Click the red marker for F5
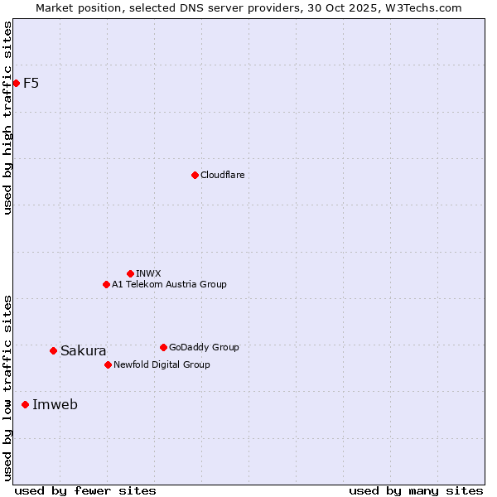(x=16, y=83)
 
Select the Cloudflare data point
(x=195, y=175)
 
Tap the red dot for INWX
(x=130, y=273)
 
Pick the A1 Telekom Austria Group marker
(x=106, y=284)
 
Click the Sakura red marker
(x=53, y=350)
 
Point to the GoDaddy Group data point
(x=163, y=347)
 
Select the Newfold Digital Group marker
(x=108, y=364)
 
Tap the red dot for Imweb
(x=25, y=404)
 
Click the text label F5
(x=31, y=83)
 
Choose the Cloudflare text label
(x=222, y=175)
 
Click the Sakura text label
(x=83, y=350)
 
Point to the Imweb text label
(x=55, y=404)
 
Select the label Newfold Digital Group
(x=162, y=364)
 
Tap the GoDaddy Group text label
(x=204, y=347)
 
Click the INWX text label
(x=148, y=273)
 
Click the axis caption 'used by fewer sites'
(x=85, y=490)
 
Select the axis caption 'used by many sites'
(x=416, y=490)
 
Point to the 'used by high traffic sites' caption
(x=7, y=118)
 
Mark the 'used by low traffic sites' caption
(x=7, y=387)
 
